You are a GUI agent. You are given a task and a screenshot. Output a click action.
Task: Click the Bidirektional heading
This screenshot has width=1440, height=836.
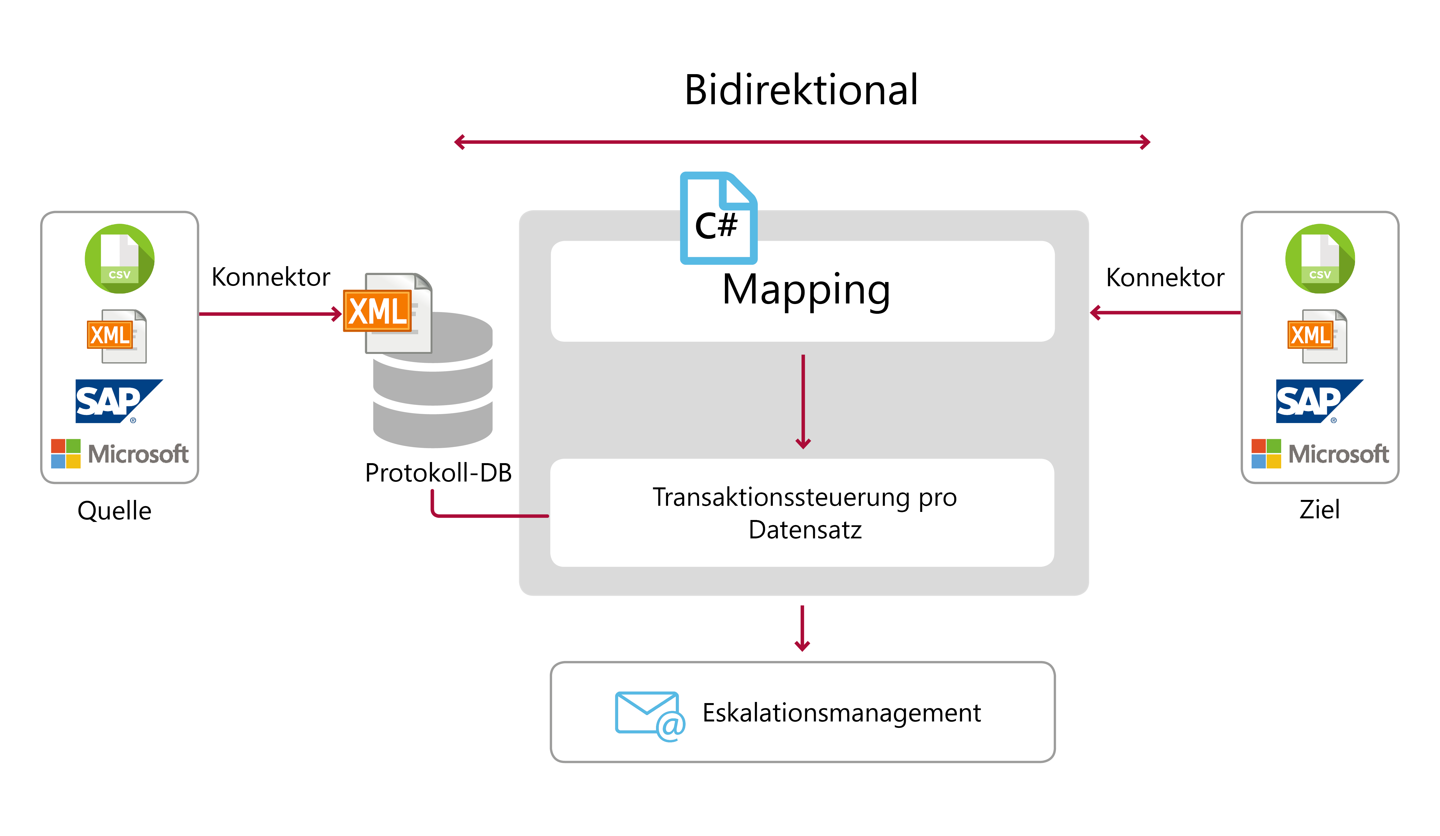tap(801, 90)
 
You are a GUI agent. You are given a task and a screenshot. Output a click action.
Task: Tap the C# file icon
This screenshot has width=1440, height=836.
tap(718, 218)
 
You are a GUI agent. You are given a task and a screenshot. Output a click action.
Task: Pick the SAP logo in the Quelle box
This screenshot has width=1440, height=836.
tap(119, 401)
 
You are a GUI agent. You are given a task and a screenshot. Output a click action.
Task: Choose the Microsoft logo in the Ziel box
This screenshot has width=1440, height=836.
tap(1320, 454)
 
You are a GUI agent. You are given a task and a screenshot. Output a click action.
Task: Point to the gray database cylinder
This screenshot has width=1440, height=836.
tap(433, 380)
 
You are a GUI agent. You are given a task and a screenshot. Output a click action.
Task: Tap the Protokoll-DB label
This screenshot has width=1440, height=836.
tap(438, 473)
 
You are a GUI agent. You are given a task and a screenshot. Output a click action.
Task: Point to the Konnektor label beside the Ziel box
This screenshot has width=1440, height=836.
tap(1165, 278)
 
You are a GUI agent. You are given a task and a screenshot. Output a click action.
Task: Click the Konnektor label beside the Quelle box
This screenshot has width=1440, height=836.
tap(271, 277)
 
